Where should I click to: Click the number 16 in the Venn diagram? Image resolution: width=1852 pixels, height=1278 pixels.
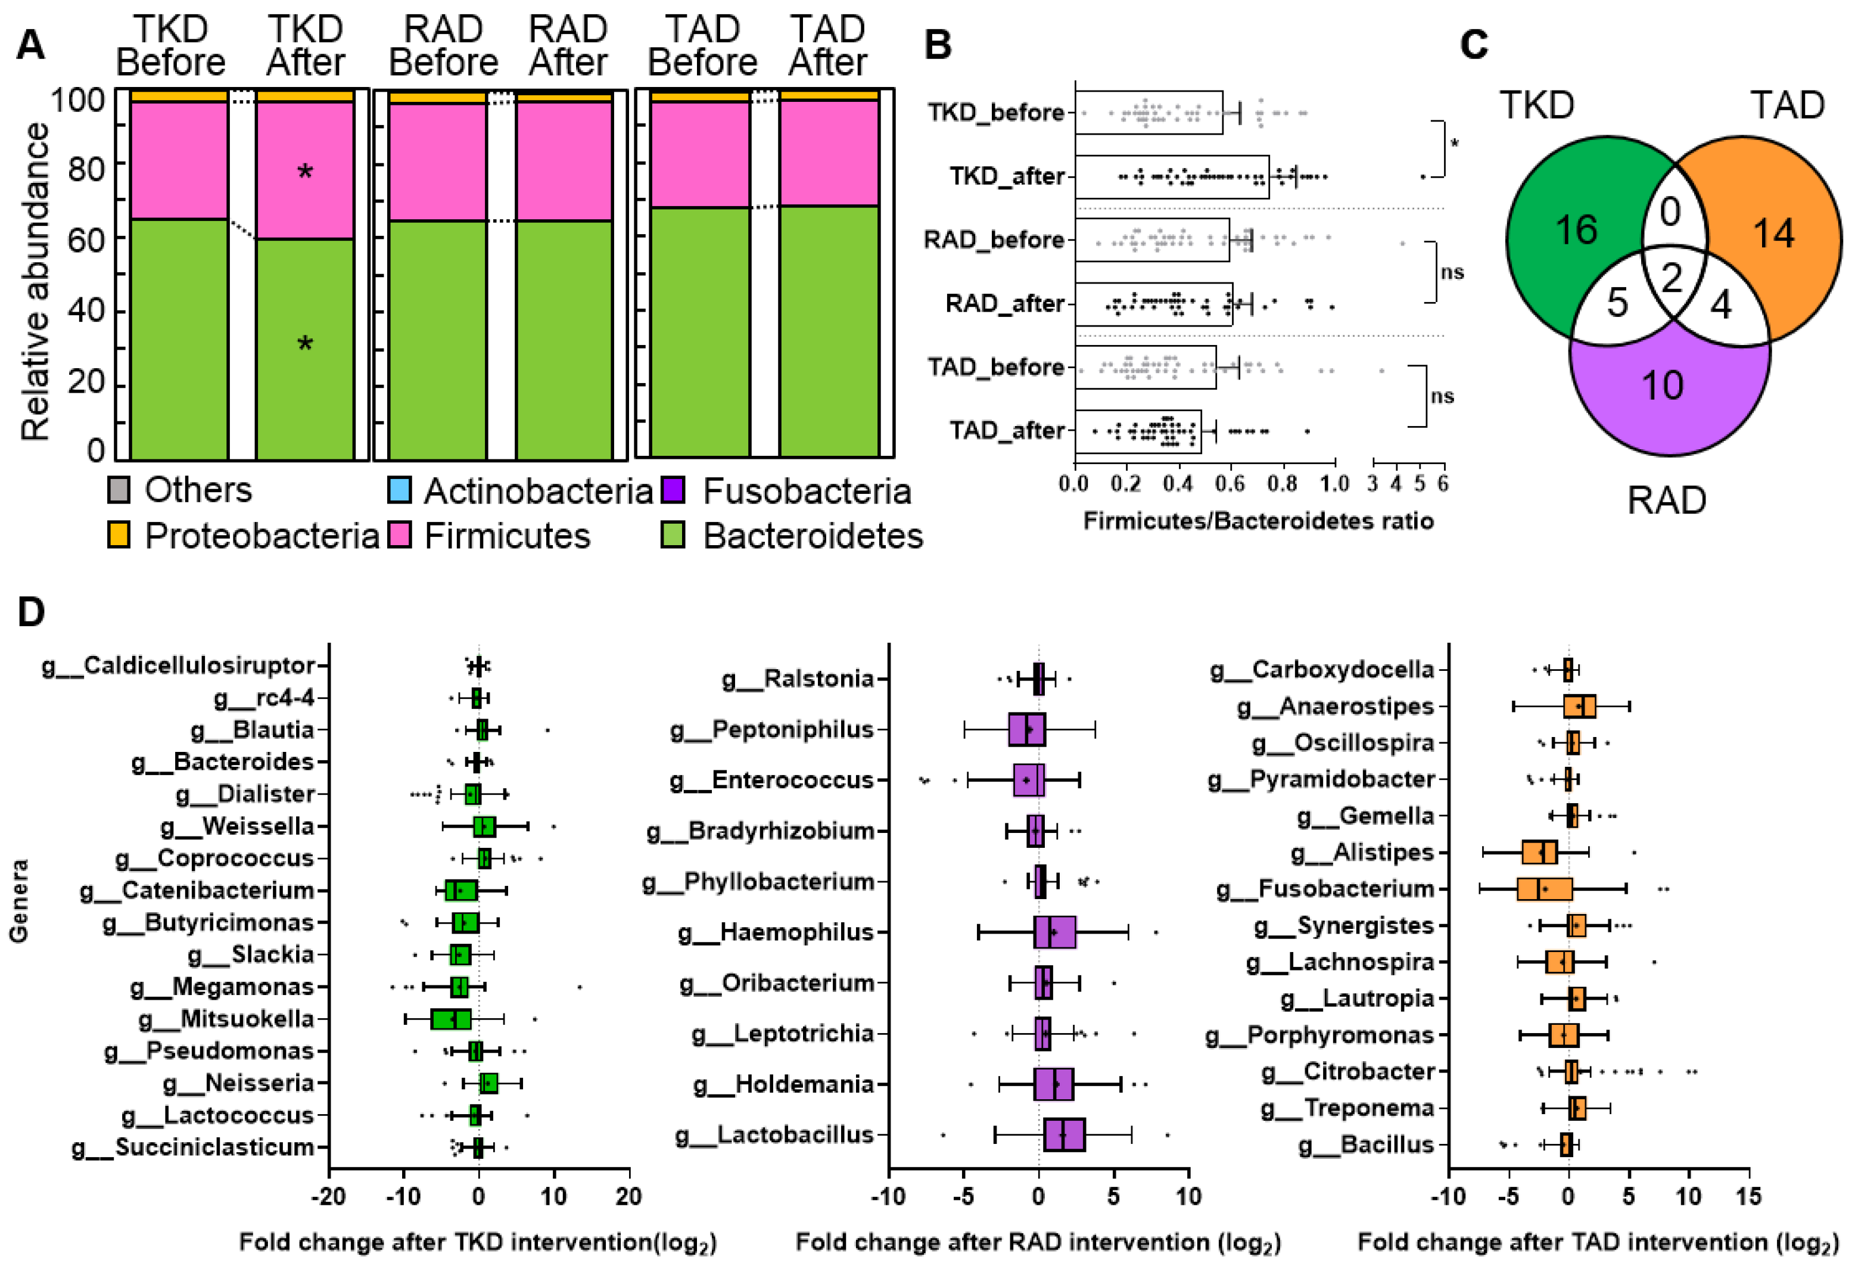click(x=1576, y=231)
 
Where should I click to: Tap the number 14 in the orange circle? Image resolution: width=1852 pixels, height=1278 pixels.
click(x=1773, y=234)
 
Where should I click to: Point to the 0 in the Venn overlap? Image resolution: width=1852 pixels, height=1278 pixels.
click(x=1670, y=212)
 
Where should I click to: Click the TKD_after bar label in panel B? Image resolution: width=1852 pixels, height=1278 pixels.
click(x=1007, y=176)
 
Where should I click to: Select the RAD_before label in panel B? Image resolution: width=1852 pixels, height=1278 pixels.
click(x=994, y=240)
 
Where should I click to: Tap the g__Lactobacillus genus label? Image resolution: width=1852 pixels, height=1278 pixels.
click(x=774, y=1134)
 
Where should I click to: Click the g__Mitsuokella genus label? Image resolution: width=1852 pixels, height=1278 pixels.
click(x=226, y=1019)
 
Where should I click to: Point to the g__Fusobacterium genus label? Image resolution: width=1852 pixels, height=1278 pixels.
click(x=1325, y=889)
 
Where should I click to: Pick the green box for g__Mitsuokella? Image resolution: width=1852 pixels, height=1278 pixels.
click(x=451, y=1019)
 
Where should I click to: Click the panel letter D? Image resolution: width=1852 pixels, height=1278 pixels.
click(x=31, y=612)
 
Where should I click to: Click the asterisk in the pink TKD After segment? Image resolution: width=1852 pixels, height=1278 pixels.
click(x=305, y=172)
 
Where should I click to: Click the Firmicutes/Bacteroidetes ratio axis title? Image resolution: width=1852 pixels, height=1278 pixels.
click(x=1258, y=521)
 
